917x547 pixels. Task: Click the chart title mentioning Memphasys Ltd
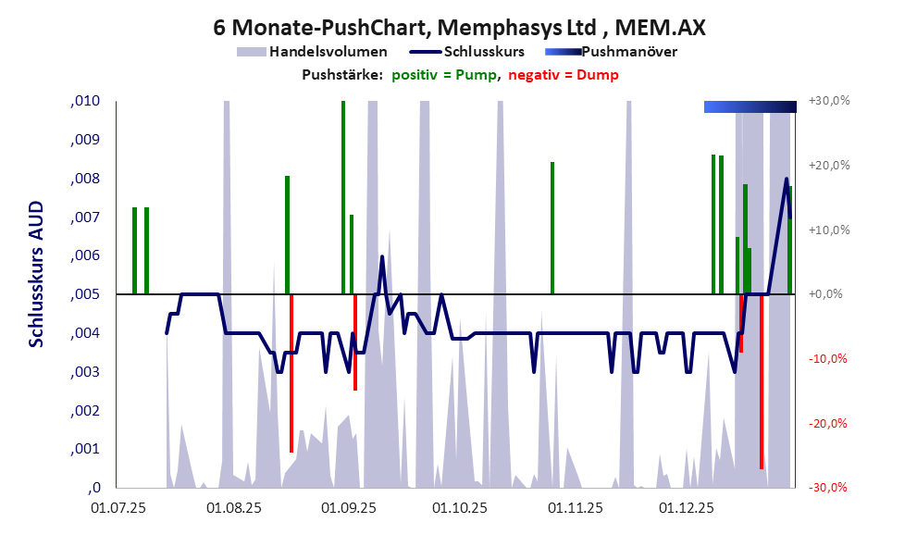(459, 28)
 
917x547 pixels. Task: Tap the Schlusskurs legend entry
(471, 52)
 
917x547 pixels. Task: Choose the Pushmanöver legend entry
(612, 52)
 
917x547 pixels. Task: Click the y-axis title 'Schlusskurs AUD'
(36, 274)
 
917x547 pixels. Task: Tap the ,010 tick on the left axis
(85, 101)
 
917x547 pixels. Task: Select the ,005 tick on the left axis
(85, 294)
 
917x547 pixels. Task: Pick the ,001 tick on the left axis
(85, 449)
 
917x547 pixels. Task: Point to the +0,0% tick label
(828, 294)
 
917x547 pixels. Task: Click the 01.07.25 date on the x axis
(118, 507)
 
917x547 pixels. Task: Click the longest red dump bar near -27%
(762, 389)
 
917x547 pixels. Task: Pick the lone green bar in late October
(552, 228)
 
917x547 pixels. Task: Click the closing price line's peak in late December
(787, 179)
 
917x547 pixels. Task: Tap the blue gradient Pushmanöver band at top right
(750, 106)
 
